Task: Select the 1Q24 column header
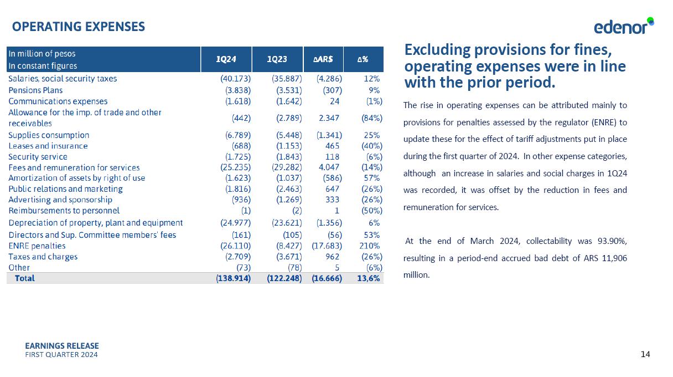(226, 59)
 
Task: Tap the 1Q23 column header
(277, 59)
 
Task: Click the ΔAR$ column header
(323, 59)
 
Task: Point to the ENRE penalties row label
(37, 246)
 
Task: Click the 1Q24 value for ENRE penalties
(236, 246)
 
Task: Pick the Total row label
(24, 278)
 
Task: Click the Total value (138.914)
(233, 278)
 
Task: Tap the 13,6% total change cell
(368, 278)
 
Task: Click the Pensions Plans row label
(35, 90)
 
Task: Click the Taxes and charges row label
(43, 257)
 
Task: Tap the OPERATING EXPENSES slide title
(79, 27)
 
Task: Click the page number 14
(645, 354)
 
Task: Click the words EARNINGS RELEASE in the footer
(62, 346)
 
